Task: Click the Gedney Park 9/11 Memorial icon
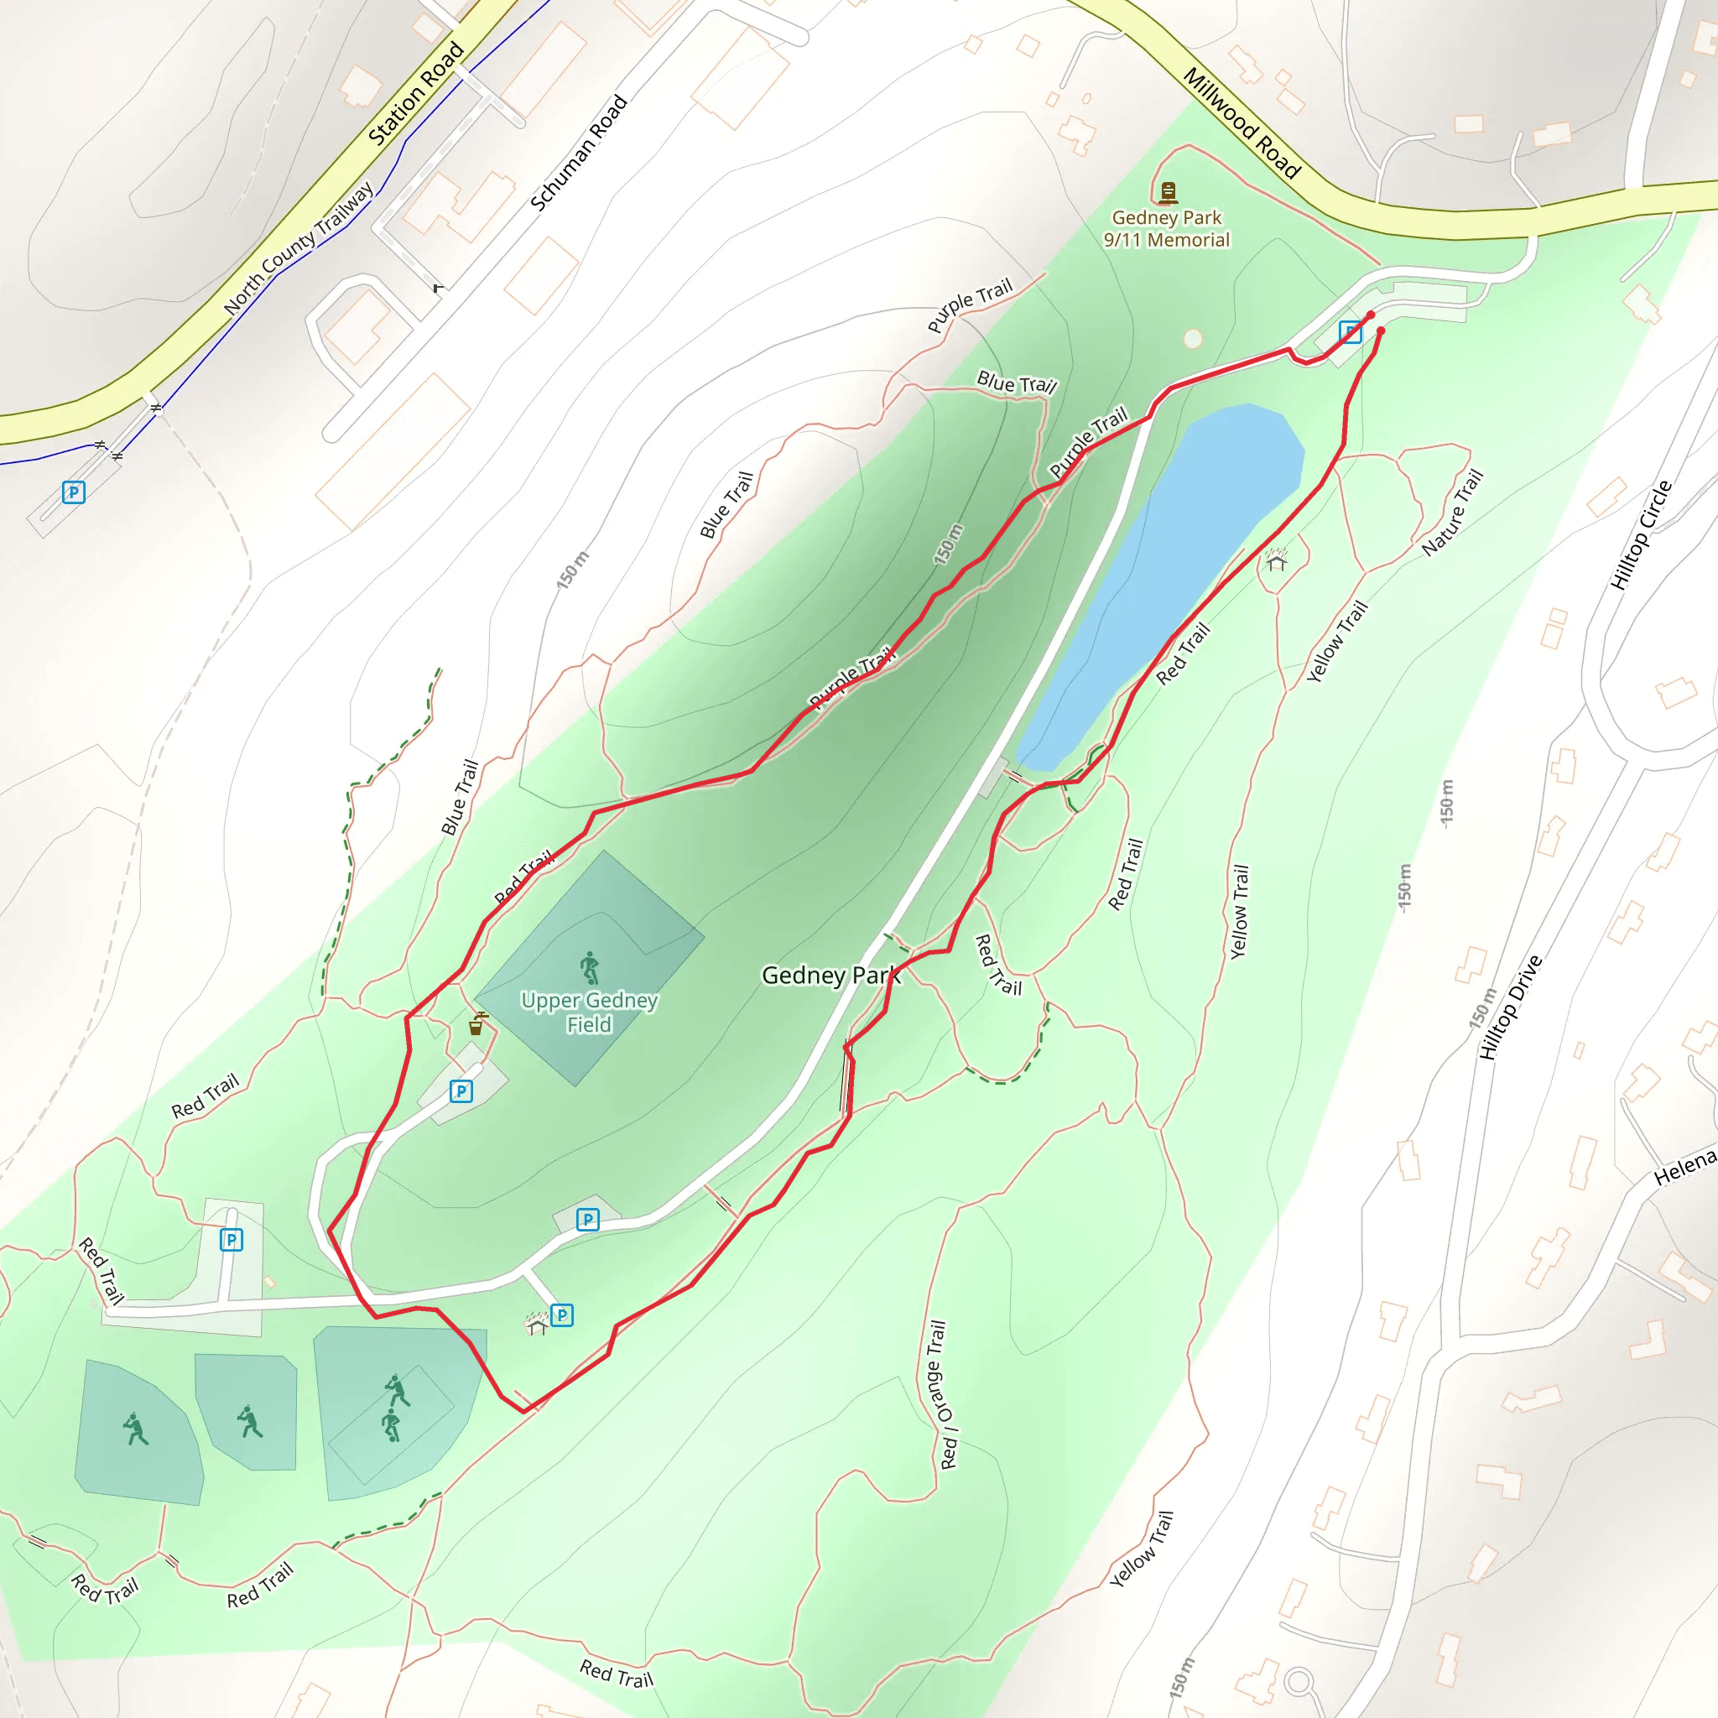1168,191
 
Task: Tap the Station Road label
416,93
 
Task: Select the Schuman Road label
579,153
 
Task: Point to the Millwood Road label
1242,122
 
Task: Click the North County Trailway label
299,249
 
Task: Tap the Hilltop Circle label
1642,535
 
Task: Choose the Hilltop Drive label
1510,1007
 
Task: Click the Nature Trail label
1453,513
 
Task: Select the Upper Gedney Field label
590,1012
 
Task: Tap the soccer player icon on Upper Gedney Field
590,966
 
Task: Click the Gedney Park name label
830,976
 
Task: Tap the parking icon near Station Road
74,492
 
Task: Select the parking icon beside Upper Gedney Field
461,1091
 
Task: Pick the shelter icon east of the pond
1276,561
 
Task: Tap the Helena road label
1684,1168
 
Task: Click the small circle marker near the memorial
1193,339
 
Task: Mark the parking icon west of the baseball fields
232,1239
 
